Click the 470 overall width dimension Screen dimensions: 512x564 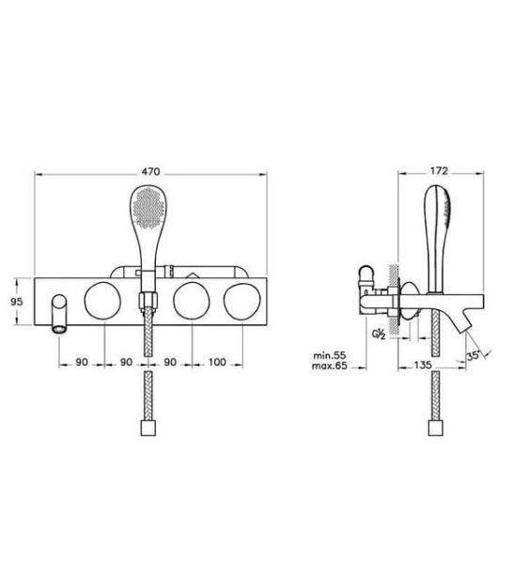click(x=150, y=172)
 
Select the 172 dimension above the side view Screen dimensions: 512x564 click(x=439, y=171)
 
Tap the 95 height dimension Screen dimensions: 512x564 click(x=17, y=302)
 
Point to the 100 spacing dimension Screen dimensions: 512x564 click(x=217, y=362)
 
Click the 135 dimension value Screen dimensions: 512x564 click(x=423, y=365)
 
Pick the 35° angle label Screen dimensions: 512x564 click(x=473, y=355)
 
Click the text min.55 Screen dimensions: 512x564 click(x=330, y=355)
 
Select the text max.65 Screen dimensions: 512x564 click(x=330, y=366)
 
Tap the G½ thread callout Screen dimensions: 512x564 click(x=379, y=335)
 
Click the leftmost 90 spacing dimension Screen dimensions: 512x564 click(x=82, y=362)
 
